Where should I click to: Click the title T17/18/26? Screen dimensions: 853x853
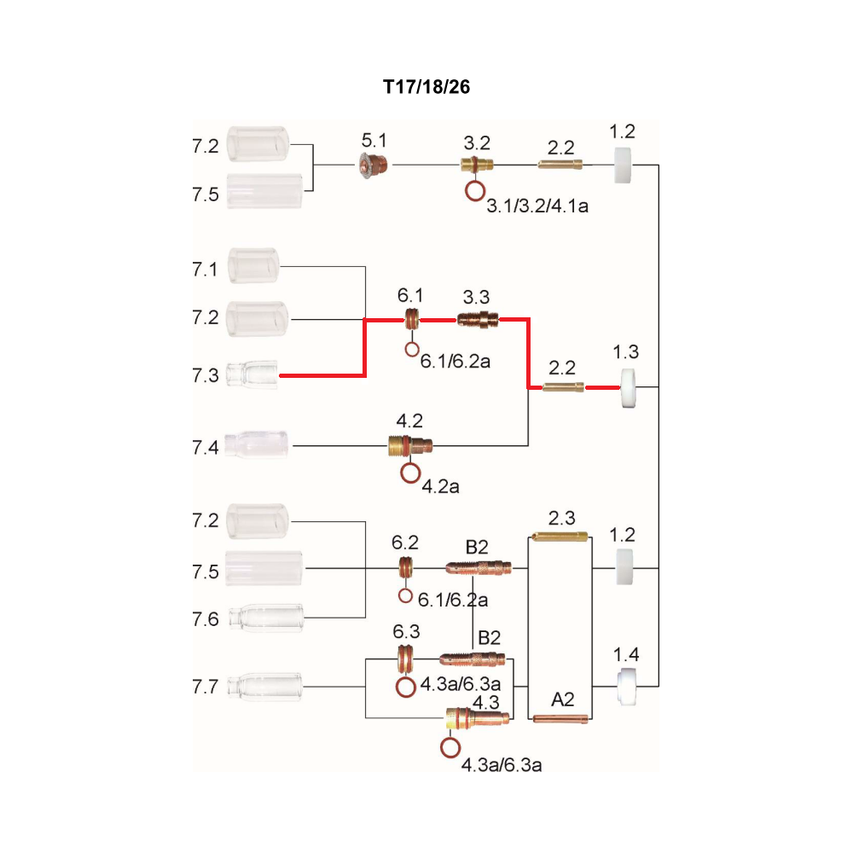[426, 87]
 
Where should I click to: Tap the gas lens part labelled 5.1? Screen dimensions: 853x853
[374, 165]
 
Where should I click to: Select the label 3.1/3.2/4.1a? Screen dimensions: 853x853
[537, 206]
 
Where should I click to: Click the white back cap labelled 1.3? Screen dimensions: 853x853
[628, 388]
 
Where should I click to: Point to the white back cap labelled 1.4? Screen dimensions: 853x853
[627, 687]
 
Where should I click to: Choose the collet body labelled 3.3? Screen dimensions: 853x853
[477, 319]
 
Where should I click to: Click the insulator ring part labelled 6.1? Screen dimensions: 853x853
[412, 319]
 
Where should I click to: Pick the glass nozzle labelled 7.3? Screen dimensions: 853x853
[252, 374]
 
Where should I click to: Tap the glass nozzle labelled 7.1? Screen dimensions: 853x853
[253, 265]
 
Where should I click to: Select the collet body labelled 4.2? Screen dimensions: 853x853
[410, 445]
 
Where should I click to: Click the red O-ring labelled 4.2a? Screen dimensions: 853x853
[411, 473]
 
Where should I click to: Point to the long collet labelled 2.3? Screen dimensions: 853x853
[560, 537]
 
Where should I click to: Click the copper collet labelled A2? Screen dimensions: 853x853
[560, 718]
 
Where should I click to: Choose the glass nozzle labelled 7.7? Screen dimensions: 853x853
[264, 687]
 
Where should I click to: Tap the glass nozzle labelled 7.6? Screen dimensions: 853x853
[266, 618]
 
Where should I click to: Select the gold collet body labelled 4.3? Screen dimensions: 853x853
[477, 718]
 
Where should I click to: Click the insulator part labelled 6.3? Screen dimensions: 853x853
[404, 659]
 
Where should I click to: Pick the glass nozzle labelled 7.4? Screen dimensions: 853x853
[256, 444]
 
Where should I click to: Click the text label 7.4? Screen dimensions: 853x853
[205, 448]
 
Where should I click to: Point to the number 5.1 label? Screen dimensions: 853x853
[374, 141]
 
